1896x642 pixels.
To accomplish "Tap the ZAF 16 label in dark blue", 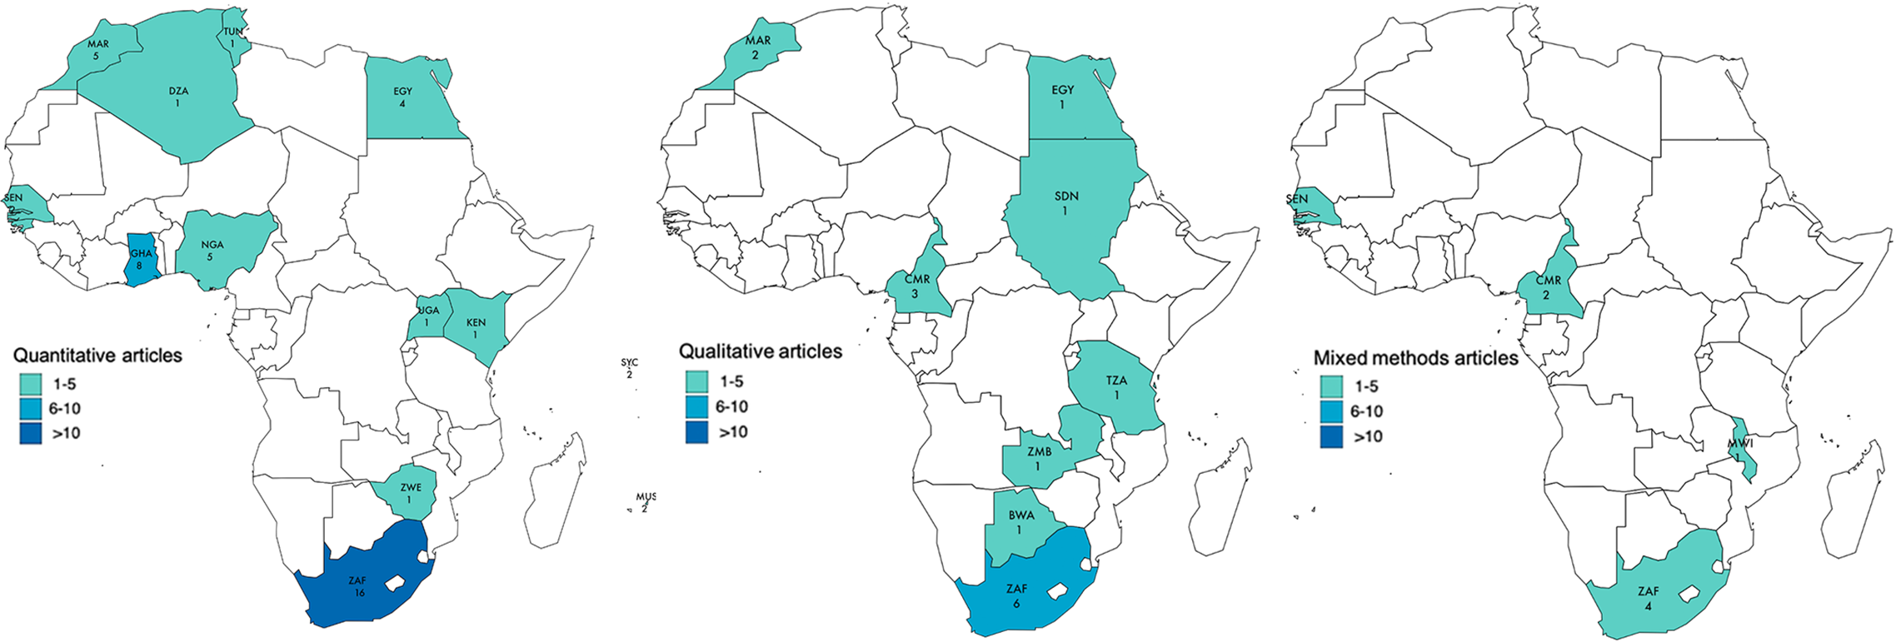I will (358, 586).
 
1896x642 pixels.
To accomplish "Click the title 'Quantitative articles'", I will (97, 356).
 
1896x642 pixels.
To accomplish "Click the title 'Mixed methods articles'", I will (1415, 358).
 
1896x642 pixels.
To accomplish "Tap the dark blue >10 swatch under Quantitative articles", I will (31, 433).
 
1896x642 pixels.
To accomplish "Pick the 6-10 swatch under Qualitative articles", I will (696, 406).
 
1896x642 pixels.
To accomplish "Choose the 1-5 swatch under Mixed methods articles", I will (1331, 386).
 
